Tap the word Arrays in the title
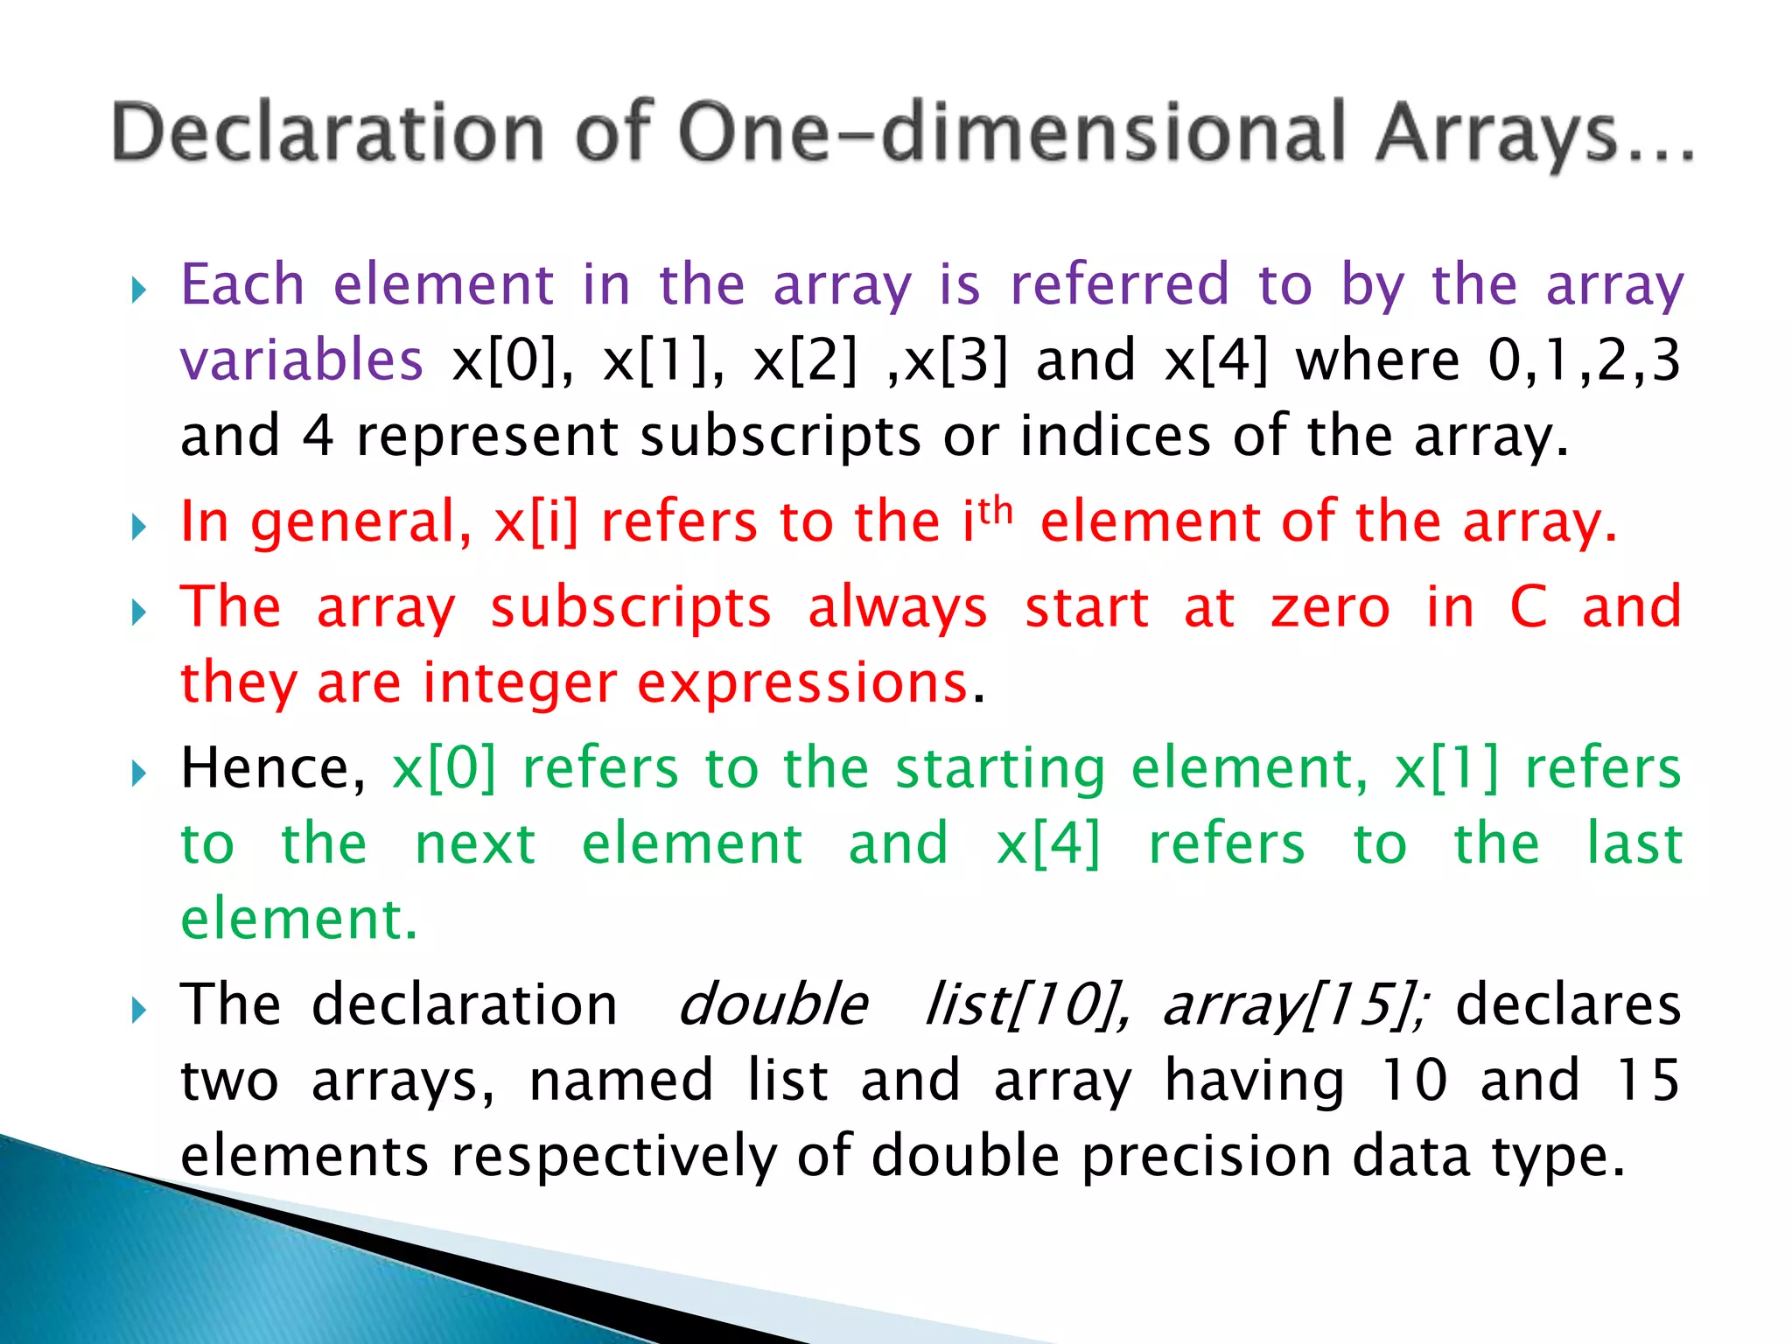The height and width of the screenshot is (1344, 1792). [x=1496, y=133]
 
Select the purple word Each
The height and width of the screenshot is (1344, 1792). [x=242, y=285]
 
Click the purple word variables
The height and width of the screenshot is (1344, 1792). [x=302, y=360]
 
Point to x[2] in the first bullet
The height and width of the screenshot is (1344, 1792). [x=805, y=360]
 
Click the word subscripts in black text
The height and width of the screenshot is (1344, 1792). [x=780, y=437]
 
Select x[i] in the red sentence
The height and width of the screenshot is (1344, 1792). [x=536, y=522]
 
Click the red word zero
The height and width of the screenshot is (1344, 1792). [x=1330, y=607]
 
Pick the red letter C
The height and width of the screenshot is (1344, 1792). [x=1529, y=607]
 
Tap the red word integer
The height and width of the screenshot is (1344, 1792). [x=520, y=683]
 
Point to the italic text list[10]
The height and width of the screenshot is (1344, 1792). [x=1026, y=1004]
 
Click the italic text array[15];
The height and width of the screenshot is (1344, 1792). [x=1295, y=1004]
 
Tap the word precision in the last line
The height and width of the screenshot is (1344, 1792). [x=1207, y=1157]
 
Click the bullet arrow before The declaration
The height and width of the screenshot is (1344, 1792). [x=138, y=1011]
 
